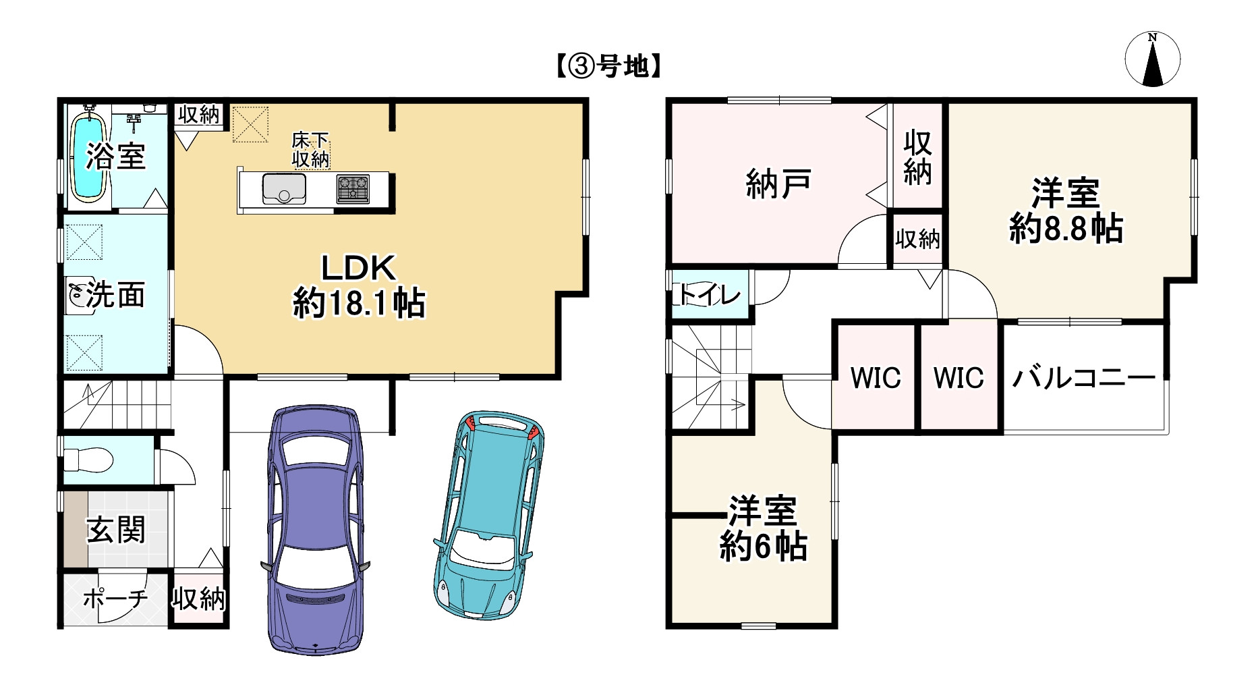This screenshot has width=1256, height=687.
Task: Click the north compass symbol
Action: click(x=1152, y=59)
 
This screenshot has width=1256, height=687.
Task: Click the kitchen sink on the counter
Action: click(x=284, y=188)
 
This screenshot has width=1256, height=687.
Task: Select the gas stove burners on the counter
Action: click(x=353, y=188)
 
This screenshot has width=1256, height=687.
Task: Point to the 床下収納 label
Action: click(x=310, y=150)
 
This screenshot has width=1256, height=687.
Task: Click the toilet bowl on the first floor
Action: click(x=88, y=461)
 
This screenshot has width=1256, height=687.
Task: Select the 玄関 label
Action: click(x=116, y=530)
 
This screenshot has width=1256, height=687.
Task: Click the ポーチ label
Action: click(x=115, y=598)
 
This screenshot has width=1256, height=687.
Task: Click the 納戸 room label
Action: click(x=778, y=184)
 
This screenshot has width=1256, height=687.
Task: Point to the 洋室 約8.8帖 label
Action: click(x=1066, y=211)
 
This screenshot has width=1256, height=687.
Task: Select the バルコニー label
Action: click(x=1083, y=378)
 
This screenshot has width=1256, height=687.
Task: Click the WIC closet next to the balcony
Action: click(x=959, y=378)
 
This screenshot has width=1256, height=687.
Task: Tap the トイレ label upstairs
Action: click(x=708, y=295)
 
